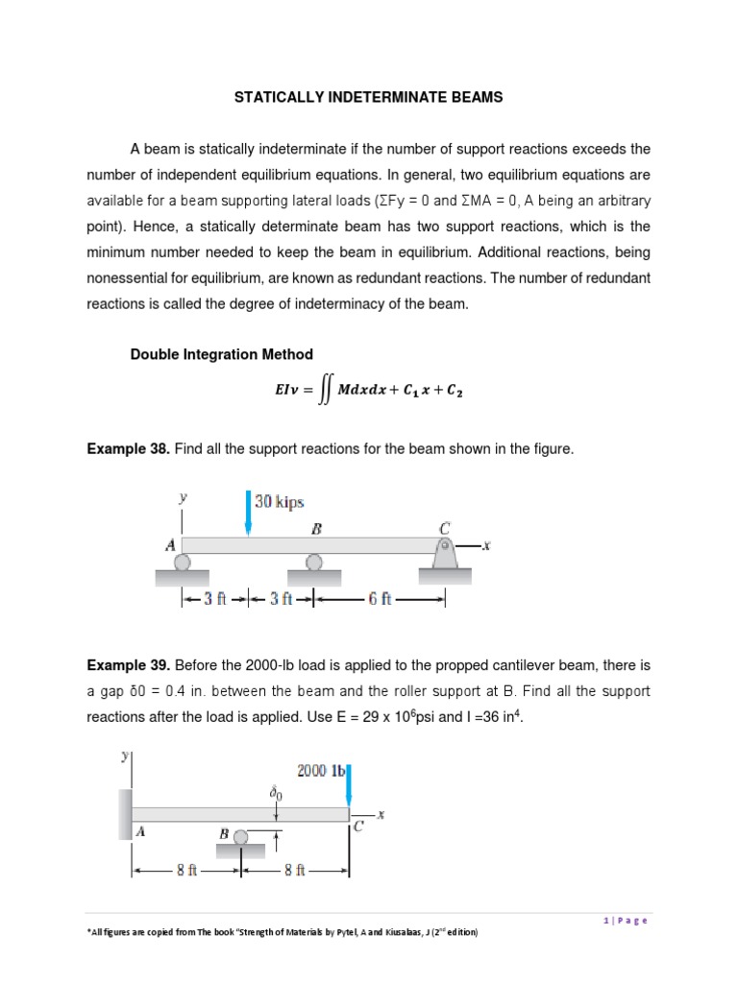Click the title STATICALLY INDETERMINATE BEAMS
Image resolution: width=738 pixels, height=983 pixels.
click(x=369, y=98)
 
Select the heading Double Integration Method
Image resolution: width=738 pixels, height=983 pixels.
click(x=221, y=354)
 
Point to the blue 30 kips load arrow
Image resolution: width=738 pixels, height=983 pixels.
click(x=249, y=512)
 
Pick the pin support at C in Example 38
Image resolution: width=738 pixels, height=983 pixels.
click(x=445, y=555)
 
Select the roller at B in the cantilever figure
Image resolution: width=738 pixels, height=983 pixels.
click(x=242, y=837)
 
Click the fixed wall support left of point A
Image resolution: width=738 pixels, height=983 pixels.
click(x=125, y=815)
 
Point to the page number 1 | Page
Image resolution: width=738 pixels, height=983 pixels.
click(x=626, y=920)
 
